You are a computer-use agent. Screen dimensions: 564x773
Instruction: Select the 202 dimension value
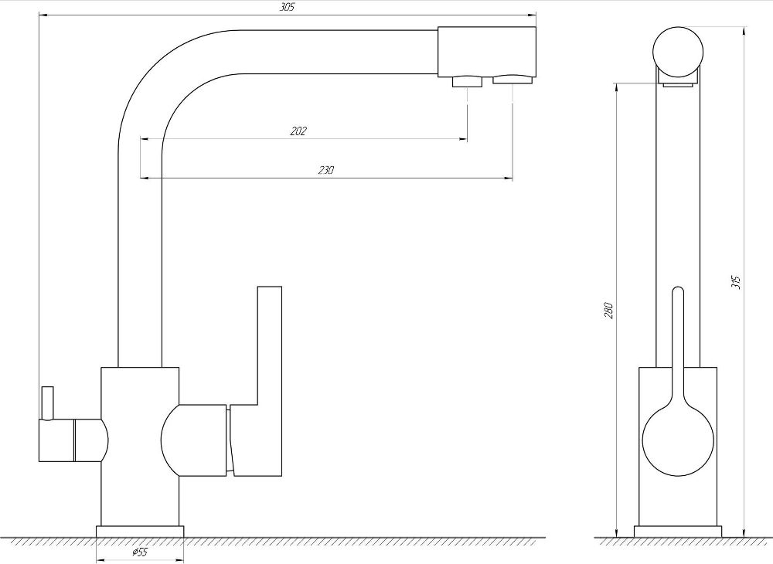[298, 131]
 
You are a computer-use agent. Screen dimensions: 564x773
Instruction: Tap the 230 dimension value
[325, 171]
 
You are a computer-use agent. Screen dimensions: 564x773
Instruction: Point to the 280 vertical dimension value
[608, 311]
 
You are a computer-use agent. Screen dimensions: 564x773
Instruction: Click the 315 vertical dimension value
[735, 281]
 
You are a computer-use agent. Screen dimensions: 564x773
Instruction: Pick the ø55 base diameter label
[139, 552]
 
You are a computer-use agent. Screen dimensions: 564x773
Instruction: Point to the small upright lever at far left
[47, 402]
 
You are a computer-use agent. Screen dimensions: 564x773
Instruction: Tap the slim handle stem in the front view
[678, 340]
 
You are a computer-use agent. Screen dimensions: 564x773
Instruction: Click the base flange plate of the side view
[139, 532]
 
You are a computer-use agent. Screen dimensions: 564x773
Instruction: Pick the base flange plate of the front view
[678, 532]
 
